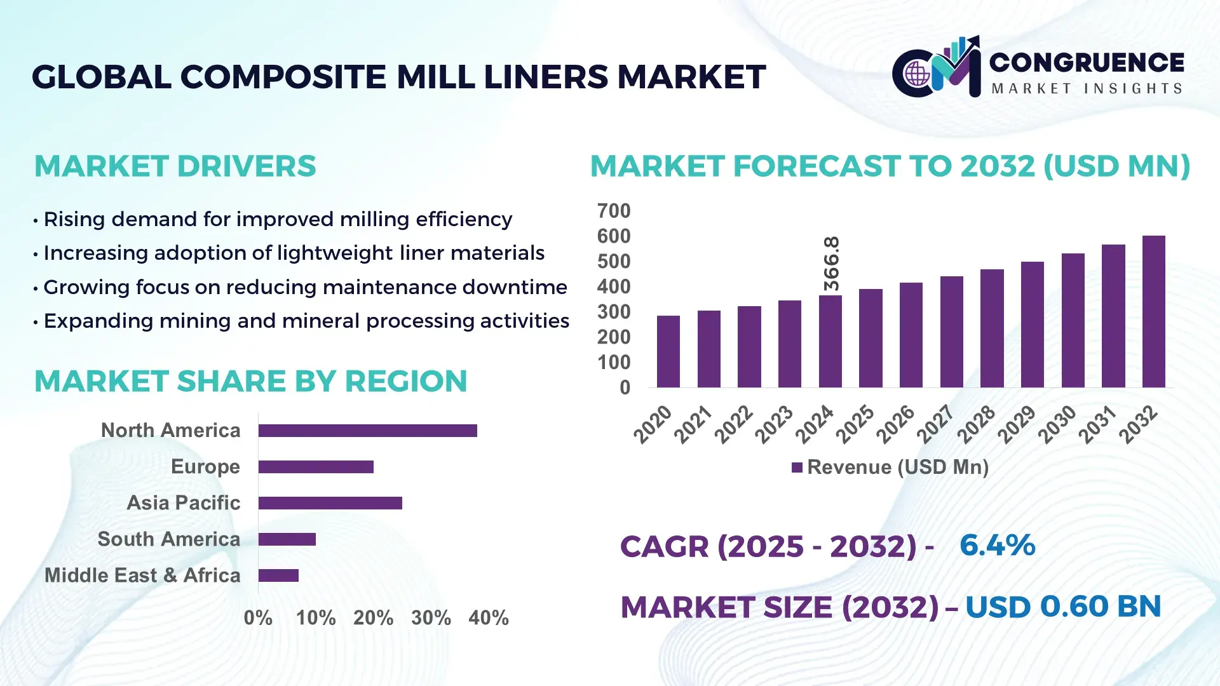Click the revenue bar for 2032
pyautogui.click(x=1153, y=311)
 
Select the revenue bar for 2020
pyautogui.click(x=668, y=351)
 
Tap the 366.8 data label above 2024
pyautogui.click(x=831, y=264)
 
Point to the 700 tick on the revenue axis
pyautogui.click(x=613, y=211)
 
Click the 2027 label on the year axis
pyautogui.click(x=935, y=424)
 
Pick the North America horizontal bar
pyautogui.click(x=367, y=431)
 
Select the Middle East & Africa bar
pyautogui.click(x=278, y=575)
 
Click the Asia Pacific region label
pyautogui.click(x=183, y=502)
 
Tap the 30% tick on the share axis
pyautogui.click(x=431, y=617)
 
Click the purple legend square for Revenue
pyautogui.click(x=797, y=467)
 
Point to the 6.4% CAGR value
pyautogui.click(x=997, y=545)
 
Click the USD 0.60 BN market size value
pyautogui.click(x=1062, y=607)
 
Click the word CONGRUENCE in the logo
pyautogui.click(x=1087, y=62)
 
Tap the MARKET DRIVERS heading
pyautogui.click(x=175, y=166)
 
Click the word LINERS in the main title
pyautogui.click(x=546, y=77)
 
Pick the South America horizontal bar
pyautogui.click(x=287, y=539)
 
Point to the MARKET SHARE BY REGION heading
pyautogui.click(x=250, y=381)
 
